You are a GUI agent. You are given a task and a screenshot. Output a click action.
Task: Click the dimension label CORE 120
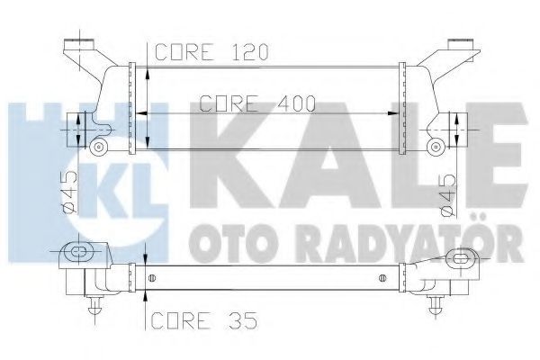coord(211,52)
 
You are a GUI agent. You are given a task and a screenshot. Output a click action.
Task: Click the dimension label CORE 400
coord(257,103)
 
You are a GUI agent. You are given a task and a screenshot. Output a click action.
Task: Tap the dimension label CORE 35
coord(204,320)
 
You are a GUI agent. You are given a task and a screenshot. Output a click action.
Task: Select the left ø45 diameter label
coord(69,192)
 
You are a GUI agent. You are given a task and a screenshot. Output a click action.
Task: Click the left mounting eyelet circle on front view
coord(99,147)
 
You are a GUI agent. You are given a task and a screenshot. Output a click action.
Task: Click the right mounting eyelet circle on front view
coord(436,147)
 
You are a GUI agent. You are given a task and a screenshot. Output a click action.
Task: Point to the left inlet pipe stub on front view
coord(76,130)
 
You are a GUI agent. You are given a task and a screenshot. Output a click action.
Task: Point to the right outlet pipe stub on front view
coord(458,130)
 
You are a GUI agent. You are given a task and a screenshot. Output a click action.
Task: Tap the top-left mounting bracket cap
coord(79,45)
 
